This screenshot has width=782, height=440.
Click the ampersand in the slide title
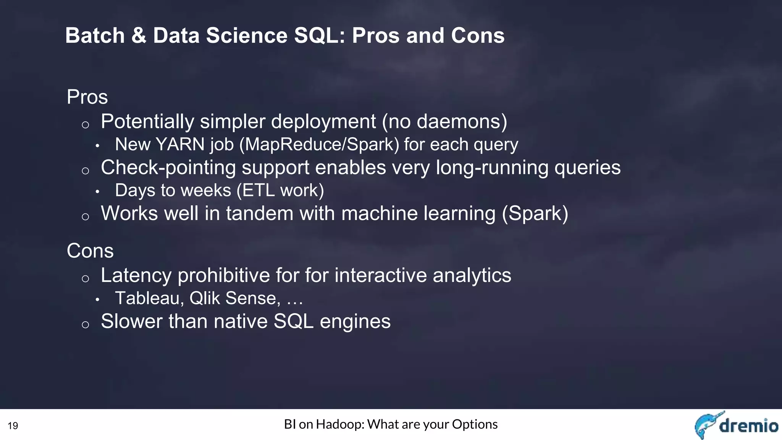click(x=139, y=36)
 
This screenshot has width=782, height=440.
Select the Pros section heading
click(x=87, y=97)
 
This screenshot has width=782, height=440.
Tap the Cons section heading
click(x=90, y=251)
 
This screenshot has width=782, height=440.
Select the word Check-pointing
click(x=168, y=168)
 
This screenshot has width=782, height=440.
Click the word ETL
click(x=258, y=191)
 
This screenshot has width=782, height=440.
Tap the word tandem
click(x=259, y=214)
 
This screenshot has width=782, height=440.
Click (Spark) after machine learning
click(x=535, y=214)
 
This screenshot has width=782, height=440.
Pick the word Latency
click(x=136, y=276)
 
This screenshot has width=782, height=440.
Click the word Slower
click(x=132, y=322)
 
